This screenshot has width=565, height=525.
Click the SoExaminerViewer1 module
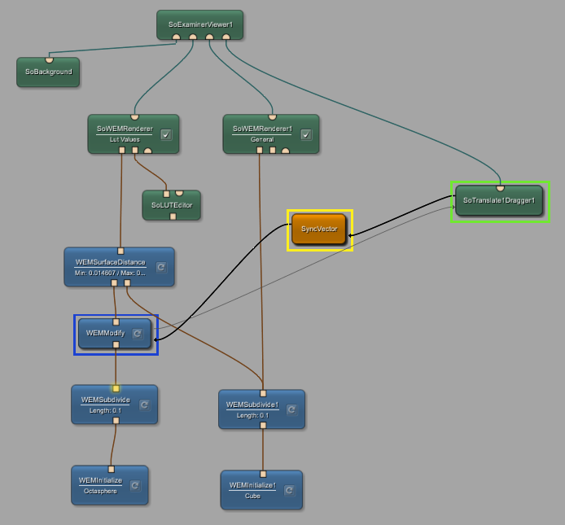[199, 24]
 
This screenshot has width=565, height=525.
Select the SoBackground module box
[48, 72]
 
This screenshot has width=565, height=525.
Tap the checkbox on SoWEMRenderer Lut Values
[166, 135]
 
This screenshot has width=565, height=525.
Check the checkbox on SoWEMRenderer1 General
[306, 135]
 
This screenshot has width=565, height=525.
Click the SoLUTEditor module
[171, 205]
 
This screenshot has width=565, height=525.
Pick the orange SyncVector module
[319, 229]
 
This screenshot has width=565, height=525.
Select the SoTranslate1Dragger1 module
[498, 200]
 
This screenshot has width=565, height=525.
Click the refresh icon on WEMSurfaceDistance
[161, 267]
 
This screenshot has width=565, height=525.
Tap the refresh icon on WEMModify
[138, 333]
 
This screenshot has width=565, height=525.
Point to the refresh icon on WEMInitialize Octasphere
[135, 486]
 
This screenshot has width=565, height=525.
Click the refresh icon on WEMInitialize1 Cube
[289, 490]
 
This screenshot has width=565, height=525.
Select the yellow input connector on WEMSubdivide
[116, 388]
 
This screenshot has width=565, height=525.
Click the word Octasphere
[101, 491]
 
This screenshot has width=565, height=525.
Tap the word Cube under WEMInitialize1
[253, 496]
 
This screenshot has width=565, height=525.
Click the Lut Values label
[125, 139]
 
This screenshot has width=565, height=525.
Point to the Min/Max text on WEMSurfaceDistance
[110, 273]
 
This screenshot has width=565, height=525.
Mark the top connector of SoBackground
[49, 59]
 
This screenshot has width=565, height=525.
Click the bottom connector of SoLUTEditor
[173, 217]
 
